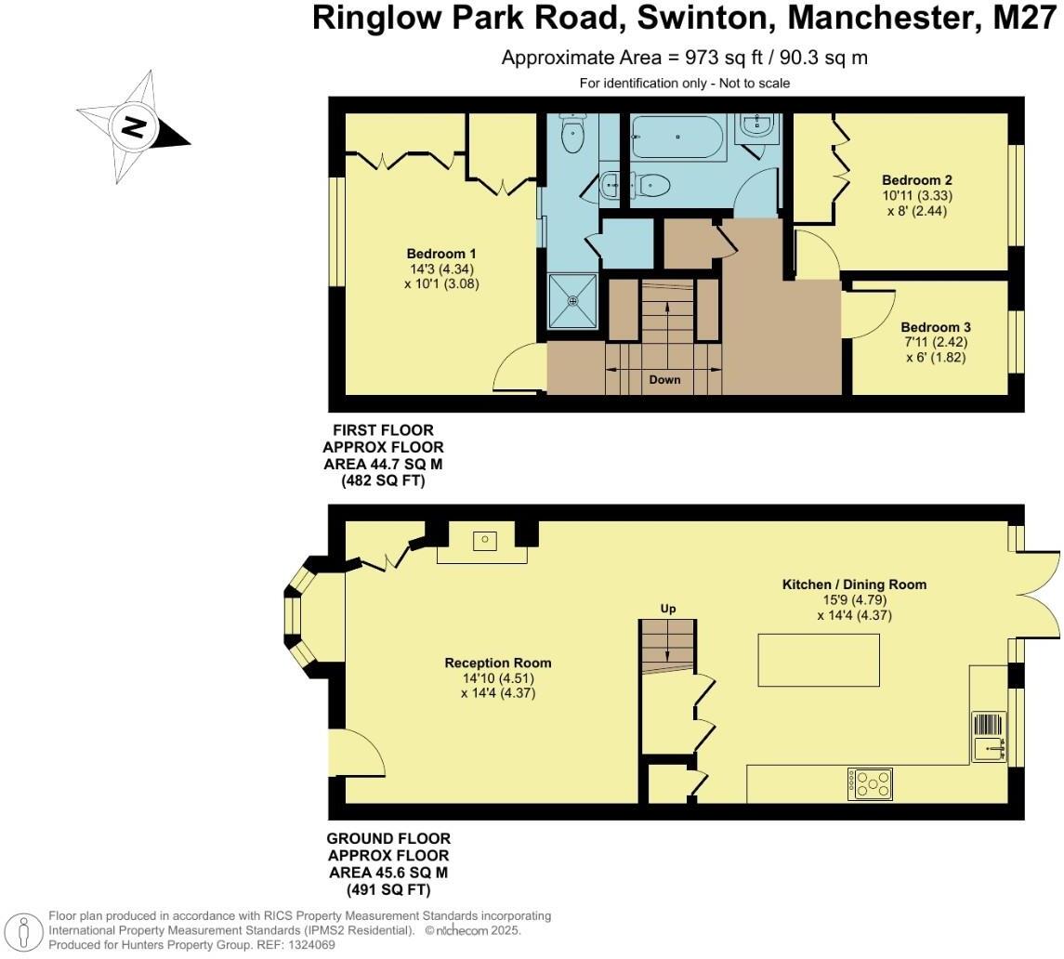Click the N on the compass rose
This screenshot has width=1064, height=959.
point(134,126)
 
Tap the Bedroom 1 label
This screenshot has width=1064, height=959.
point(440,254)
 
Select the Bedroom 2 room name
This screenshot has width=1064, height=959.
point(916,180)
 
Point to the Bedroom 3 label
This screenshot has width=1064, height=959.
point(935,327)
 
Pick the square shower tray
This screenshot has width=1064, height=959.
point(573,300)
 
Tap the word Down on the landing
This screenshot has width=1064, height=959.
point(664,379)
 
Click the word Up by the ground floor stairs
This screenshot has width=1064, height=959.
point(667,609)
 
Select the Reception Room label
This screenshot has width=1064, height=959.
point(497,663)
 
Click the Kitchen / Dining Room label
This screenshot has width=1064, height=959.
point(854,585)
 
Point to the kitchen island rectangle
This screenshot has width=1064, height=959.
point(819,659)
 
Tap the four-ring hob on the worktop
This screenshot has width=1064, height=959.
point(870,783)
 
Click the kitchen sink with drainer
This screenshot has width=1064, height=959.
point(989,737)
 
